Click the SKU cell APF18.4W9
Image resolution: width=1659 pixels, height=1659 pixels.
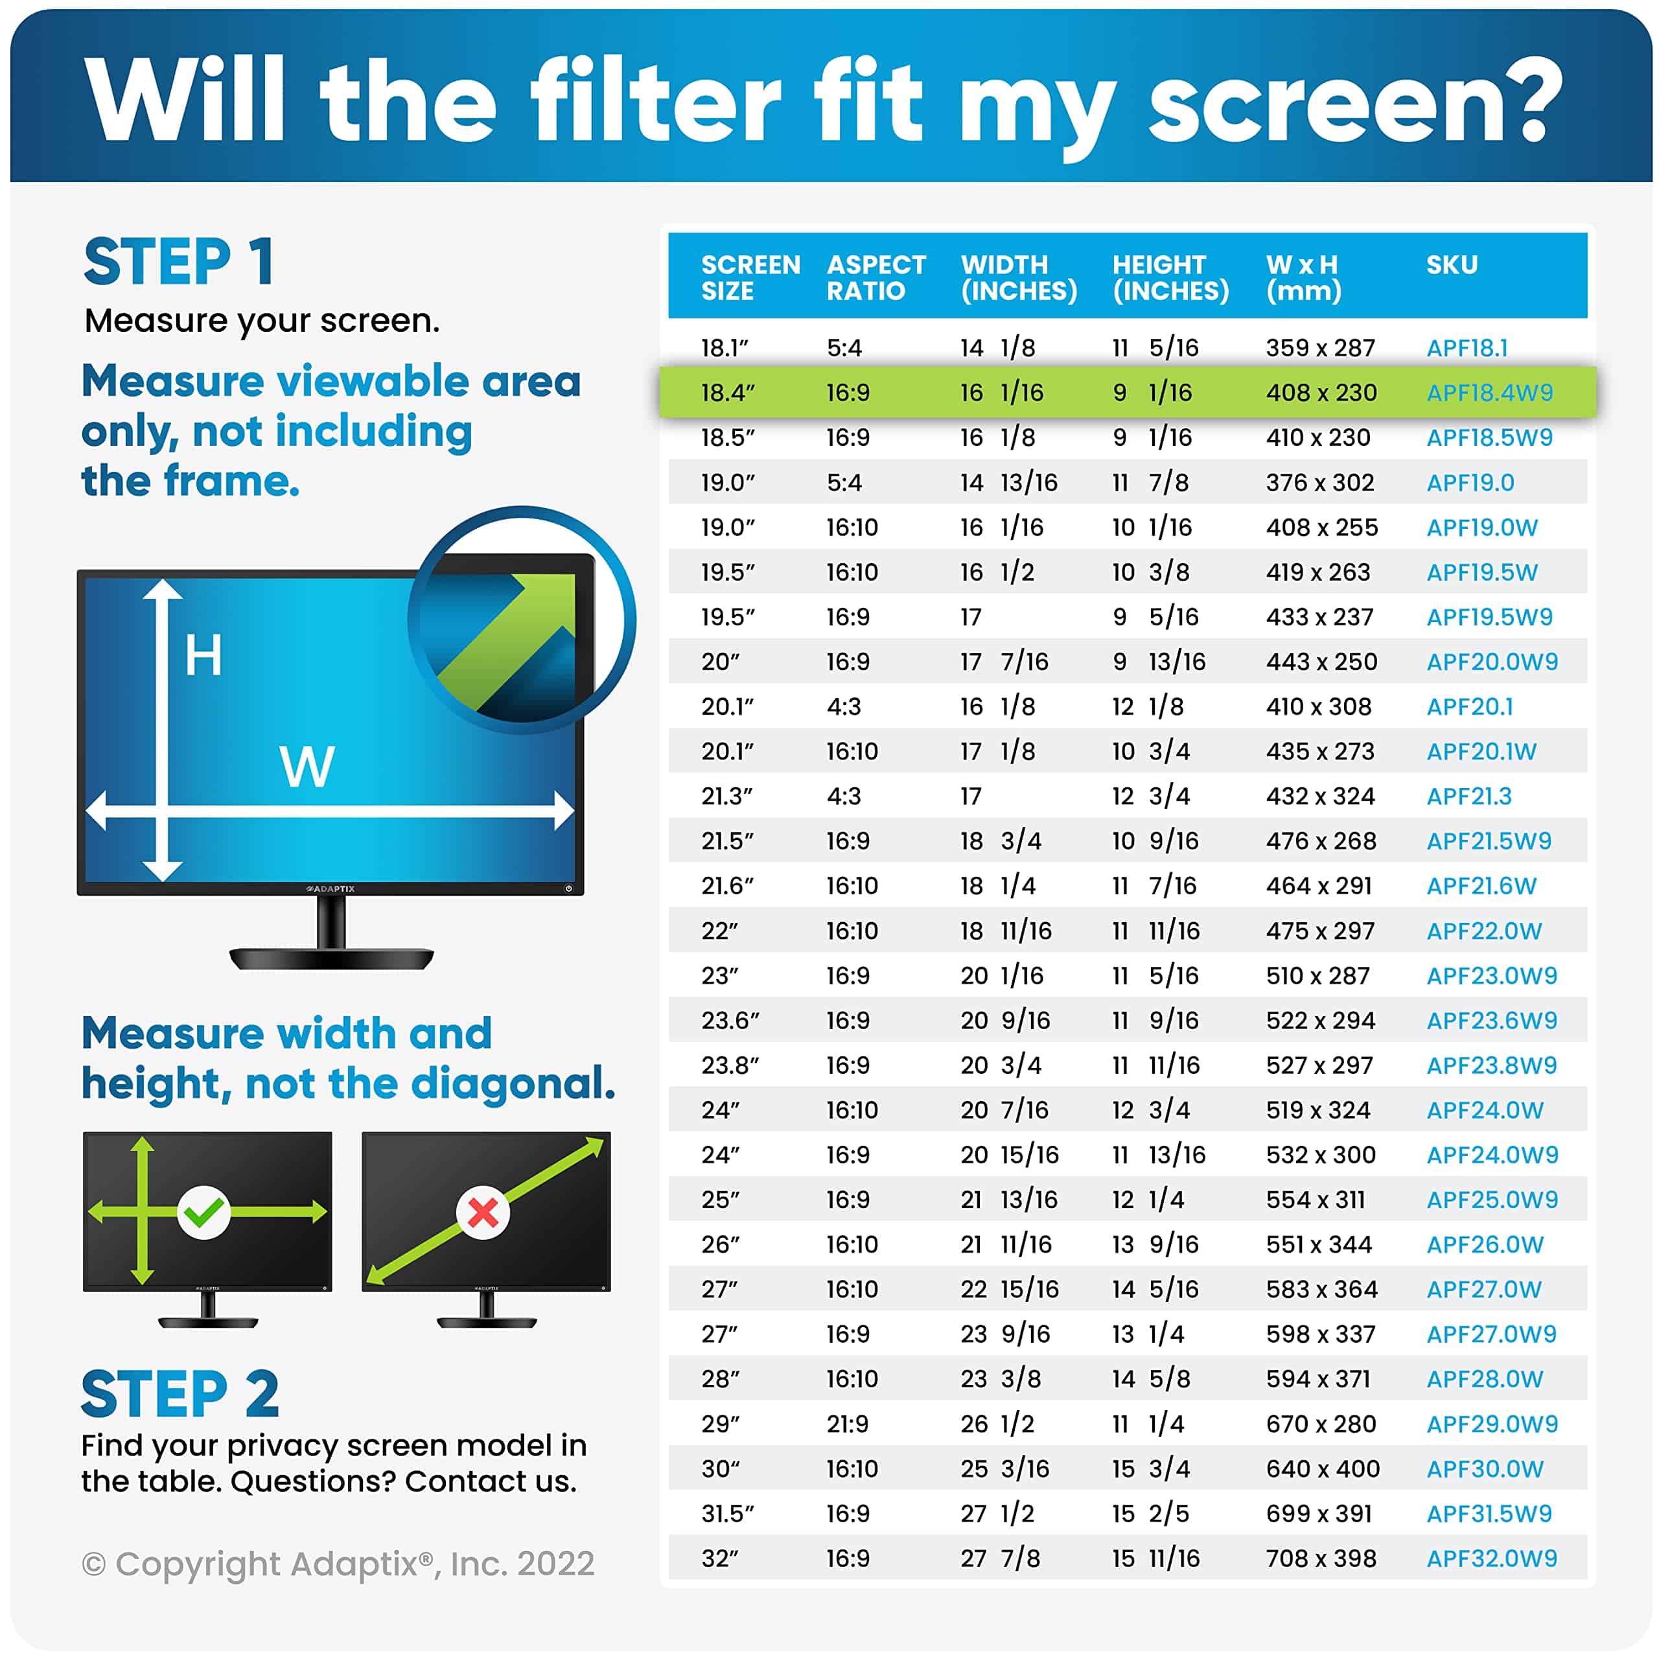1489,393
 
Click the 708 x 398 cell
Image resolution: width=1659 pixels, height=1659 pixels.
1321,1558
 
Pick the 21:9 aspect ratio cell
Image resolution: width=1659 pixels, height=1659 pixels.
847,1424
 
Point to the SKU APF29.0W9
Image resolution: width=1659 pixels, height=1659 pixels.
1492,1424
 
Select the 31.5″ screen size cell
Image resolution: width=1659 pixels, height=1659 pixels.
726,1513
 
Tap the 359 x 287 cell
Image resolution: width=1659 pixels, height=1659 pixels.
1320,348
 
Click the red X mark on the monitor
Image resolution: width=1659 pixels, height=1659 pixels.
483,1212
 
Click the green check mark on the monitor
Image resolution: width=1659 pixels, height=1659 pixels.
203,1212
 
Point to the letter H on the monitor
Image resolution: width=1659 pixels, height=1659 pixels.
203,655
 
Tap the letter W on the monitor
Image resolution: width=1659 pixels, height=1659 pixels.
307,766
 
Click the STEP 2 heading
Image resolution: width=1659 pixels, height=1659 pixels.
180,1394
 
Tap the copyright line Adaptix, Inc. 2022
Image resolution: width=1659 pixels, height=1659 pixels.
338,1564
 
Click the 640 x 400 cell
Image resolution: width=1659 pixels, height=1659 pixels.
1323,1468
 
